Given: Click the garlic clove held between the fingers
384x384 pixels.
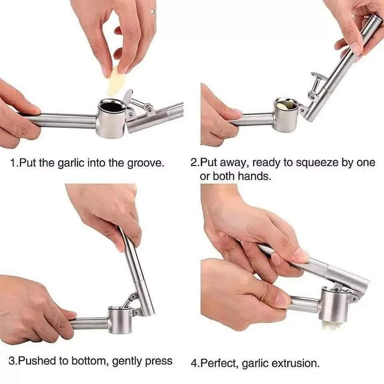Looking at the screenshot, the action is coord(115,81).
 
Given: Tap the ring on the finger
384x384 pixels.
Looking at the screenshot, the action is coord(153,11).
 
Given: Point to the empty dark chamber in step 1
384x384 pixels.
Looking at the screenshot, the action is coord(112,106).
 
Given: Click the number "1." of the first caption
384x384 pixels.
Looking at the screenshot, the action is coord(14,163).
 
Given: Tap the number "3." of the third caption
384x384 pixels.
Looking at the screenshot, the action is coord(13,361).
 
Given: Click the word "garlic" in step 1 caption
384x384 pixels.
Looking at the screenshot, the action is coord(71,163).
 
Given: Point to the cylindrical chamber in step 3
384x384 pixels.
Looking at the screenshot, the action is coord(120,320).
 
